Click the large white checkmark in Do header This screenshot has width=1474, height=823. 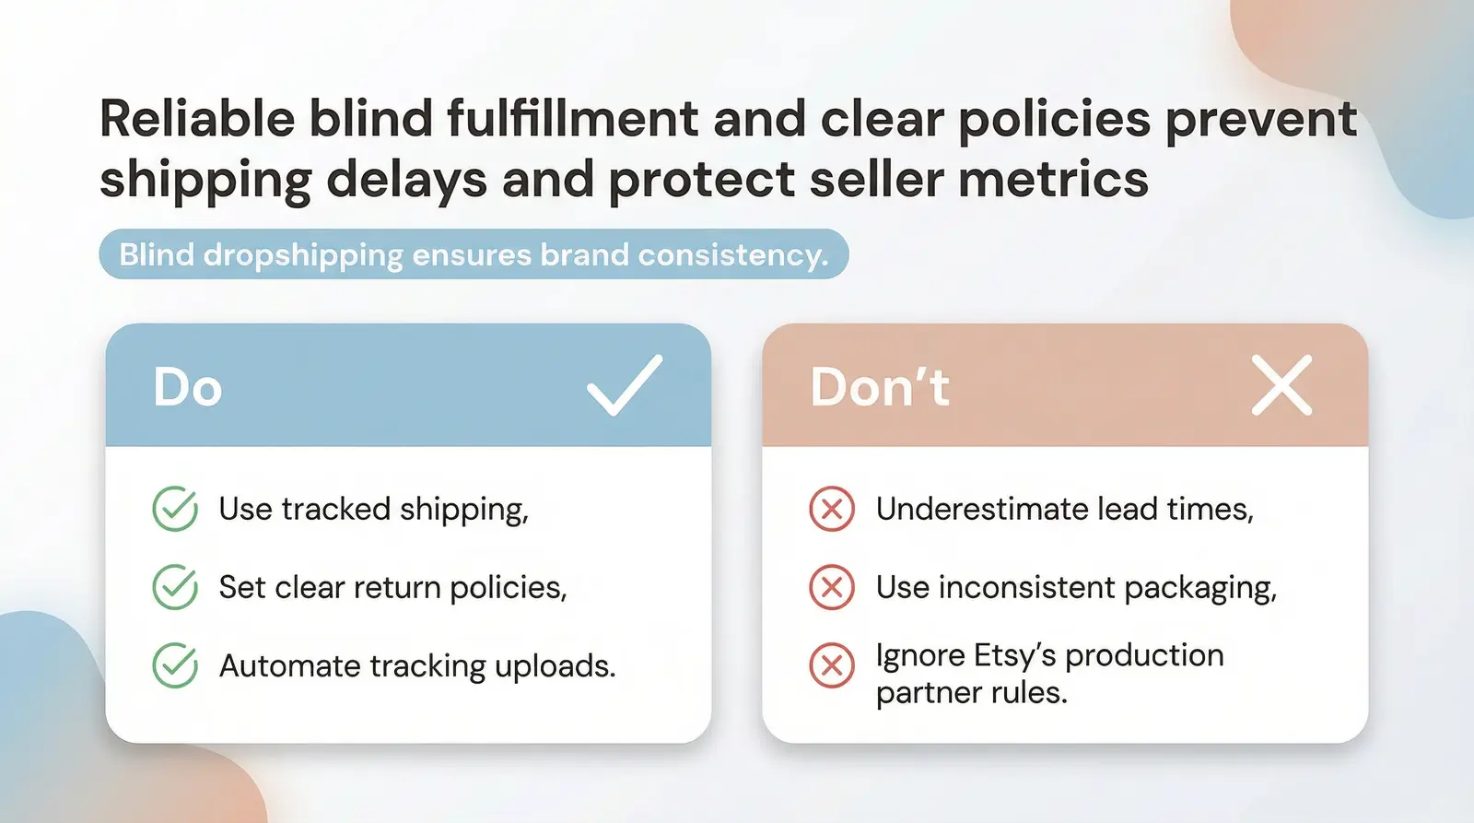click(624, 386)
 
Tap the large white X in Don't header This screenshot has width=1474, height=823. click(1281, 386)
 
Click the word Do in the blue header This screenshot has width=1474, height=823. click(188, 387)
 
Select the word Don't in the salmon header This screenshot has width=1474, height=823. click(879, 387)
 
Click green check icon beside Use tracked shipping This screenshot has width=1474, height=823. click(175, 509)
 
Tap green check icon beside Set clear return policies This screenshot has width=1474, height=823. click(175, 587)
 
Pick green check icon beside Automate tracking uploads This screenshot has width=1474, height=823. click(175, 665)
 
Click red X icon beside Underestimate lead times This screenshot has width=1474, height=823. click(832, 509)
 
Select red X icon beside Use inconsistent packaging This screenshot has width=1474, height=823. click(832, 587)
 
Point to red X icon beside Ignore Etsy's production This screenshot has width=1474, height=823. click(832, 665)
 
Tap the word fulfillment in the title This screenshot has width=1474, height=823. click(572, 119)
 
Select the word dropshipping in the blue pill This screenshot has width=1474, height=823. click(303, 255)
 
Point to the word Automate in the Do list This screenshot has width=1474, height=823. click(289, 665)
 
